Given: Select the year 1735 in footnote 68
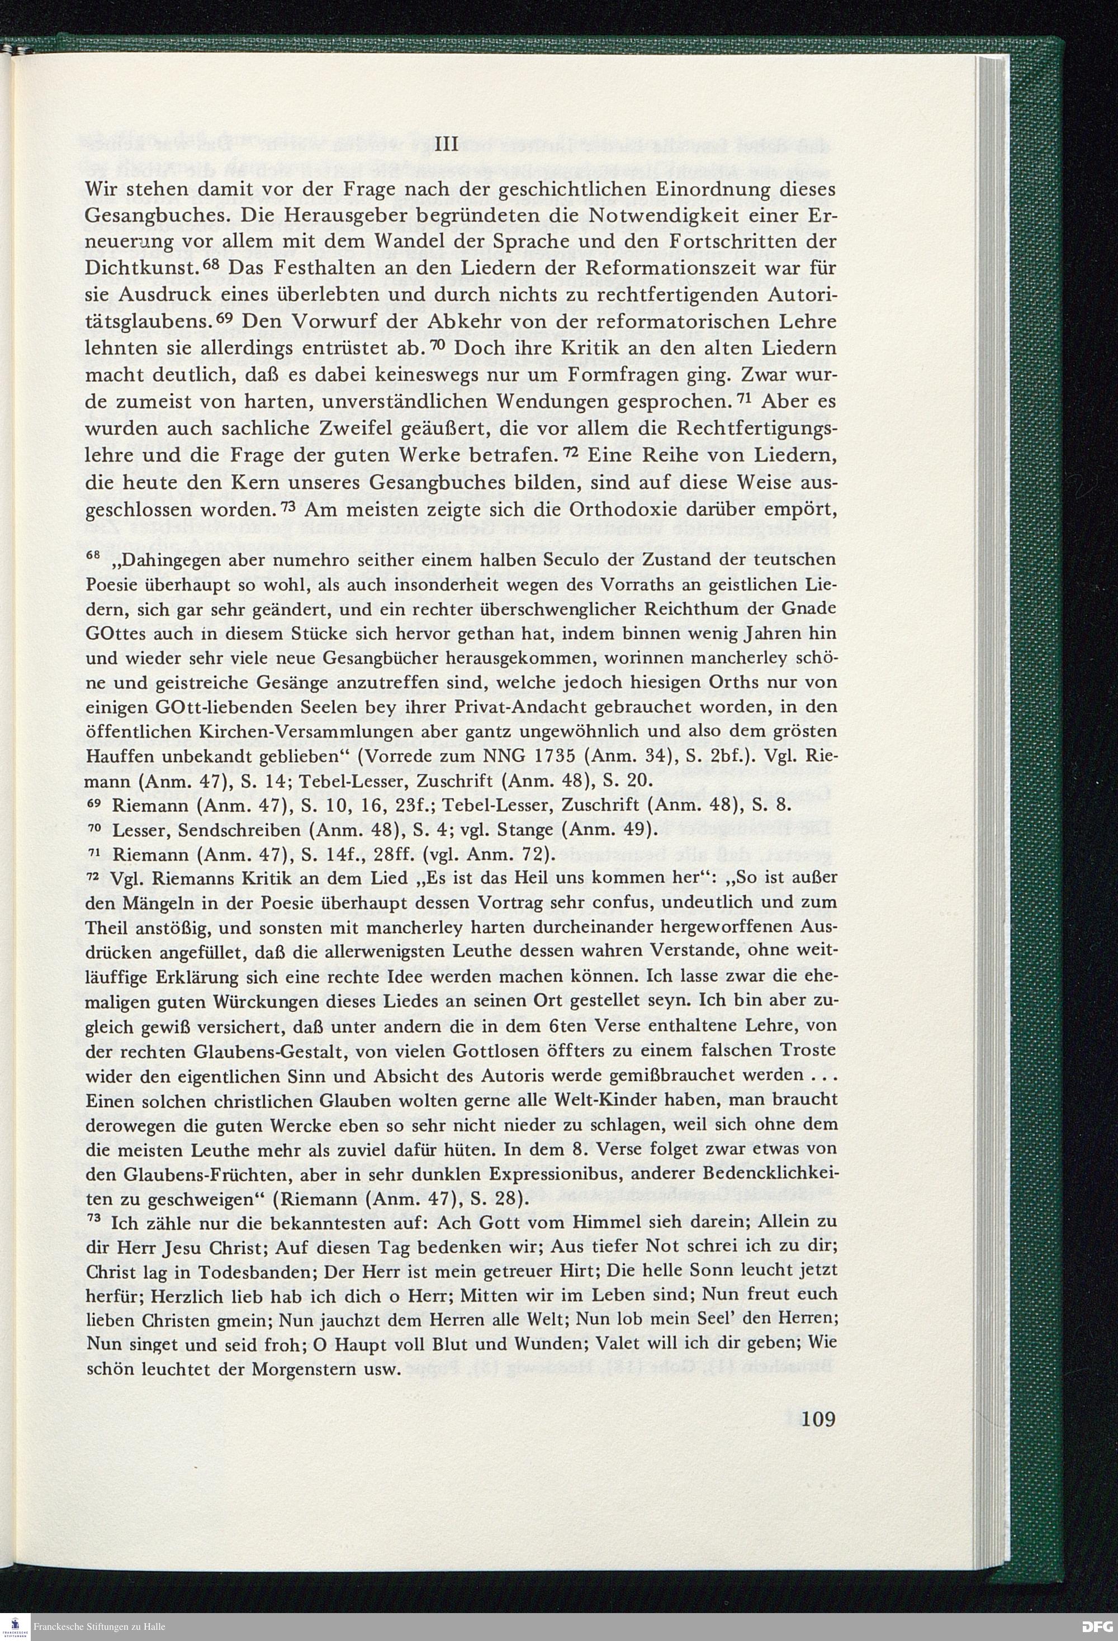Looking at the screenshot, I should coord(546,755).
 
